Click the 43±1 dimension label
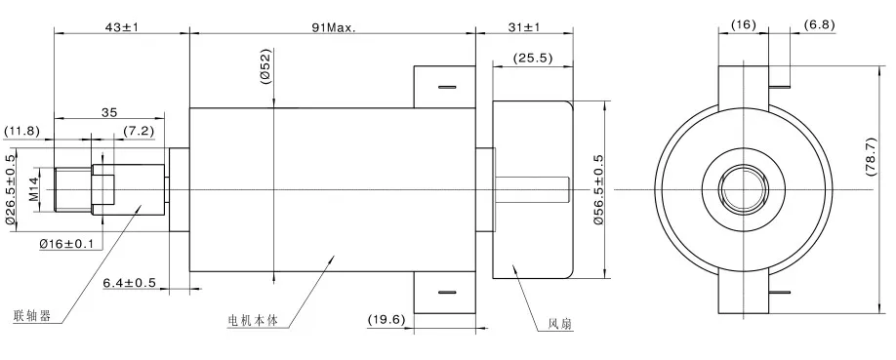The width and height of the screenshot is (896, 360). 122,26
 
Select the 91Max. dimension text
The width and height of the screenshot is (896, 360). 333,26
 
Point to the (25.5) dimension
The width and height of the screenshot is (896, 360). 533,59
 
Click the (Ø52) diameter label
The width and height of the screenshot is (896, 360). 265,66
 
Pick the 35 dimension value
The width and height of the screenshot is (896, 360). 110,114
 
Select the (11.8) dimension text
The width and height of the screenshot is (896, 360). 23,131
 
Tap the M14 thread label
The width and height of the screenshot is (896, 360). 33,187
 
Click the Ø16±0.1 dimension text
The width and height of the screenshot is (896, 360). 66,244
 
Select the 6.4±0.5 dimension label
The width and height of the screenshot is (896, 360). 131,283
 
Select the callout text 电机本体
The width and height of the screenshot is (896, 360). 253,320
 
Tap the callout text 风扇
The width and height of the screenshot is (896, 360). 560,324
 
